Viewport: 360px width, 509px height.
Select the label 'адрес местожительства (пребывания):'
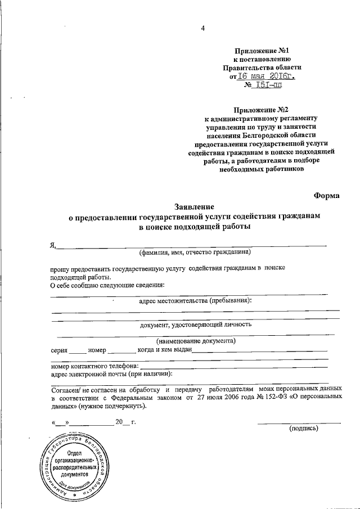pos(195,300)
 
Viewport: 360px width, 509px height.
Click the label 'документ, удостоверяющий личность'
pos(192,325)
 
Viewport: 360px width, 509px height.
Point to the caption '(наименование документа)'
pos(196,341)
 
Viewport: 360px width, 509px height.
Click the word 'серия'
pos(59,349)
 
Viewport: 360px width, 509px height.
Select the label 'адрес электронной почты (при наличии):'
pos(111,374)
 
